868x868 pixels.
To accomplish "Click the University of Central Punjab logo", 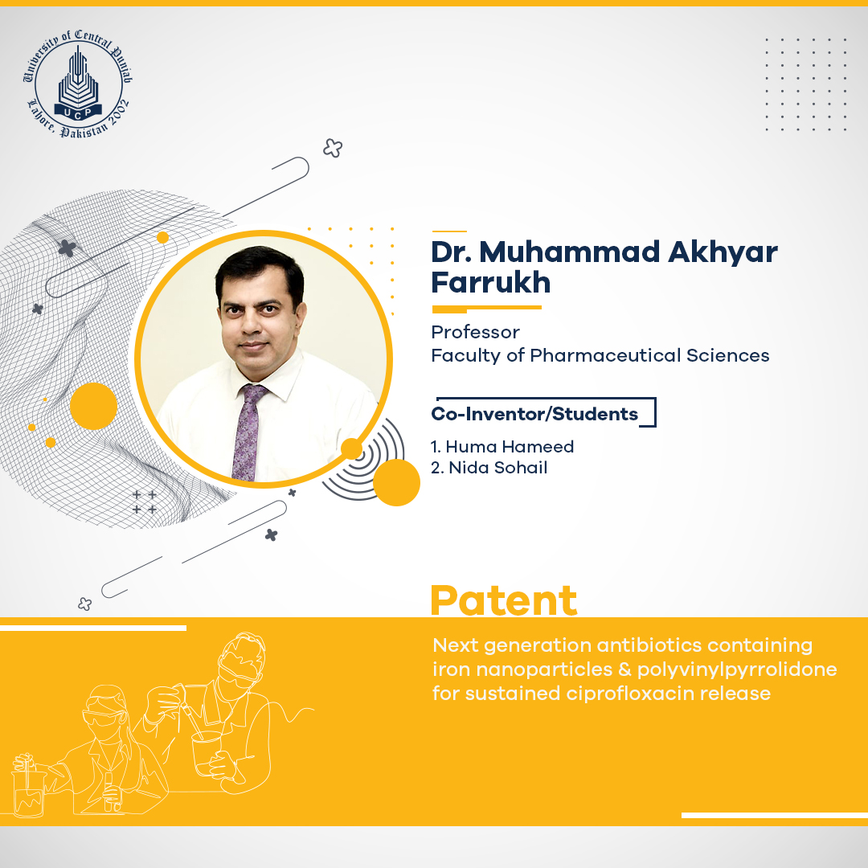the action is click(x=78, y=83).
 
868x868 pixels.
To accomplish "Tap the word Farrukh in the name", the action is click(x=490, y=282).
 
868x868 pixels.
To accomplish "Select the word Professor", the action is click(x=475, y=332).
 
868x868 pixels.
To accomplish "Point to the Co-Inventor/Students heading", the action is click(x=534, y=414).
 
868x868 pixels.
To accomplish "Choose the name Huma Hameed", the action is click(x=510, y=447).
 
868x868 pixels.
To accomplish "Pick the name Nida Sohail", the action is click(x=497, y=468).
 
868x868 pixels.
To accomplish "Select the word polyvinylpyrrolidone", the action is click(x=737, y=669).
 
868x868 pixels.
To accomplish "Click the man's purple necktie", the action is click(x=248, y=432).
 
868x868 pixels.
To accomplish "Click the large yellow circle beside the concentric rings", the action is click(x=396, y=482).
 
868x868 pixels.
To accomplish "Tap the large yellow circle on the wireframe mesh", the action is click(x=93, y=407).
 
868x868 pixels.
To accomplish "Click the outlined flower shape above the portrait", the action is click(x=333, y=148).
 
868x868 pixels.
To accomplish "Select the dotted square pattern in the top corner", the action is click(x=805, y=84).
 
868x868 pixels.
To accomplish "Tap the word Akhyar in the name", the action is click(x=723, y=253).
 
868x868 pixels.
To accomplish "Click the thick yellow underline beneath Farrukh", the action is click(x=486, y=309).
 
